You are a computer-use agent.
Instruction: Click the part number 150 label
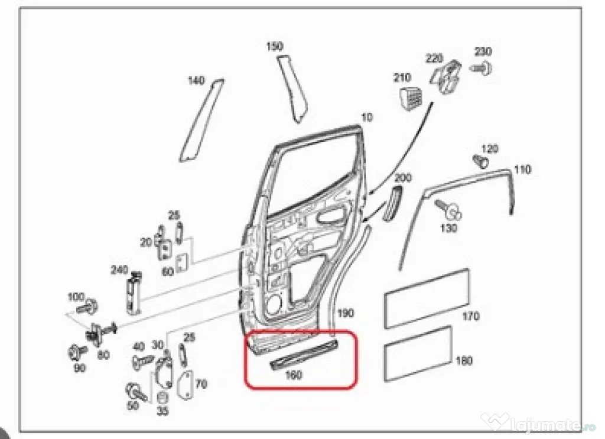click(x=275, y=46)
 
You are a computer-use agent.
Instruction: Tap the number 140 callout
click(x=196, y=80)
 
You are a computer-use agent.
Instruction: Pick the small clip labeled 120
click(x=481, y=161)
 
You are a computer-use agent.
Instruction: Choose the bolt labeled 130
click(x=448, y=210)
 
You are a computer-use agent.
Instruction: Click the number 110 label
click(x=522, y=169)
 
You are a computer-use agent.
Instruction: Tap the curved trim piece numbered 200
click(x=392, y=203)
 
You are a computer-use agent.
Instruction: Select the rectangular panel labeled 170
click(x=427, y=298)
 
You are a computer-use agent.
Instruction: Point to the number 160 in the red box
click(x=293, y=375)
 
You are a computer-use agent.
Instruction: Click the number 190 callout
click(x=346, y=313)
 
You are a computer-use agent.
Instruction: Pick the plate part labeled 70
click(x=186, y=384)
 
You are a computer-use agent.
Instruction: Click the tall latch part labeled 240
click(x=134, y=291)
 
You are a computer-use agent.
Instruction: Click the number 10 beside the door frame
click(x=367, y=117)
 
